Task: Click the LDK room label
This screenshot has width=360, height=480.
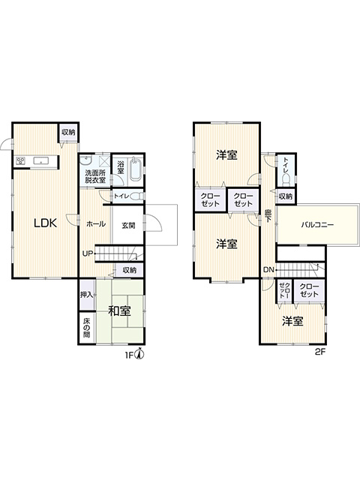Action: (45, 223)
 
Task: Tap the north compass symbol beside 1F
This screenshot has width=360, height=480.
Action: (140, 355)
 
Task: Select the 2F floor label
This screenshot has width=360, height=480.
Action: (320, 352)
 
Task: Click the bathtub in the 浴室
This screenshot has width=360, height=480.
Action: (135, 170)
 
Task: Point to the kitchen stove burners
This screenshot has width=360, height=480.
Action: (21, 160)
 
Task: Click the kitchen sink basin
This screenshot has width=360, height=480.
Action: (40, 160)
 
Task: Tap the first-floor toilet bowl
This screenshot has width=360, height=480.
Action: (136, 196)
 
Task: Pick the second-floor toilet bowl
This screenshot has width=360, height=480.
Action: (286, 180)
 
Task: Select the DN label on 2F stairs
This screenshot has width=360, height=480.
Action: (268, 270)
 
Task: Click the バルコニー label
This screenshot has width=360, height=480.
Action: (317, 225)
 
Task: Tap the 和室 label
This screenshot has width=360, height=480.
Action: (120, 311)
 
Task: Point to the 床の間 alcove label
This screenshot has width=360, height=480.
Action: (87, 328)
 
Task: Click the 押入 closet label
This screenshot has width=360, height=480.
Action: (87, 295)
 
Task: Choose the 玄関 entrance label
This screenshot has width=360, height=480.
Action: (128, 226)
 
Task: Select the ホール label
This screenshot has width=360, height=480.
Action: (96, 223)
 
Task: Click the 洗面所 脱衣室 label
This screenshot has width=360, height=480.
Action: (95, 177)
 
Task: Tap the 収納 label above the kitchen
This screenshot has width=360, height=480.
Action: (68, 132)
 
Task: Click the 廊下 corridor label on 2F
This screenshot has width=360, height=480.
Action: (268, 215)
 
